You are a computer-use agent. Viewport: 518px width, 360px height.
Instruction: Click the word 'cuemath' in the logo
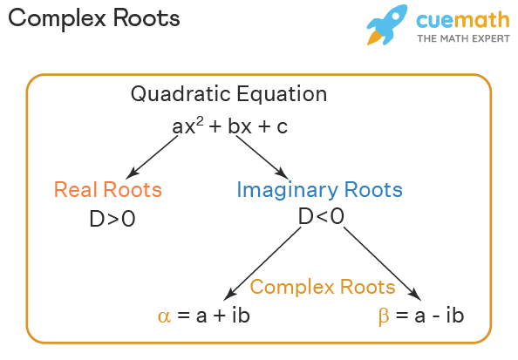(x=456, y=21)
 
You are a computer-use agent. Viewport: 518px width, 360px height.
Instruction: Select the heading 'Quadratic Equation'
(x=229, y=94)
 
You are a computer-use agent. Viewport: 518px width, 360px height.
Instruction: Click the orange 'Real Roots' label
(x=108, y=189)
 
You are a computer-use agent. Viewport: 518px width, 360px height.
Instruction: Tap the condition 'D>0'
(x=112, y=219)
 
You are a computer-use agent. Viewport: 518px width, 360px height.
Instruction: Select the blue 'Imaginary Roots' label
(x=319, y=189)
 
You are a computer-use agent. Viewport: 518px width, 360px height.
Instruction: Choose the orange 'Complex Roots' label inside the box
(x=323, y=287)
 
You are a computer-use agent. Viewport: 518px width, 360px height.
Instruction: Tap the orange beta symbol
(x=383, y=316)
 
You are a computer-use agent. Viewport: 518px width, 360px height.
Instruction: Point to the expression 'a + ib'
(x=222, y=316)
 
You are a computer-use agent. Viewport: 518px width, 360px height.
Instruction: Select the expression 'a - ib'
(x=436, y=316)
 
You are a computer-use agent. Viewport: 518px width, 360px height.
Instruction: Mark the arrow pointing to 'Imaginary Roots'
(x=261, y=157)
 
